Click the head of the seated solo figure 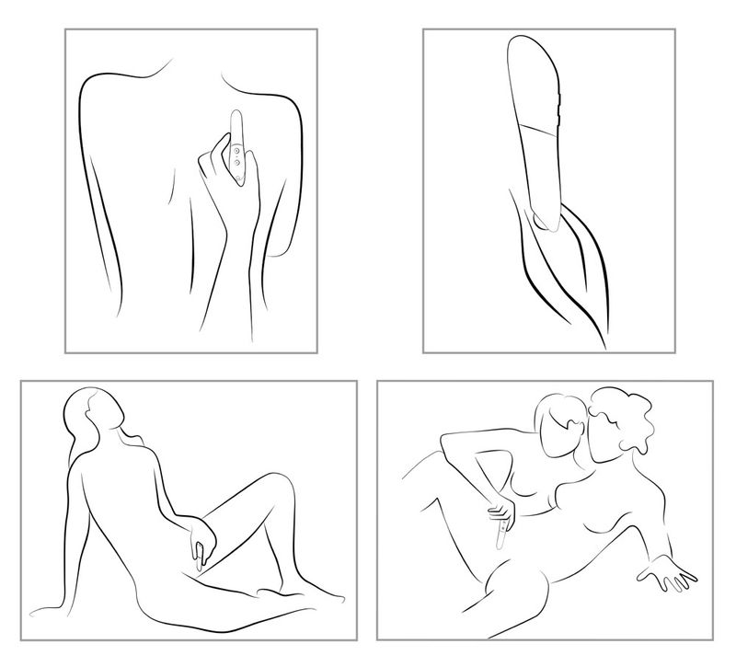pyautogui.click(x=98, y=413)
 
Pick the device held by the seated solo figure pyautogui.click(x=197, y=556)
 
